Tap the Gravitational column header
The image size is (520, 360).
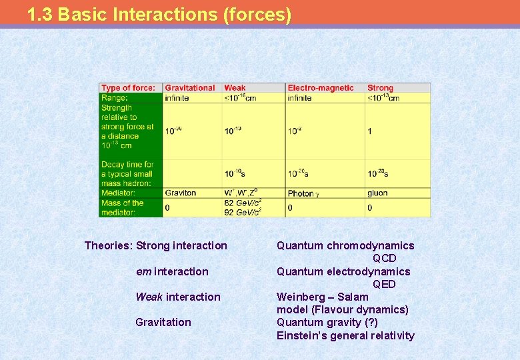click(x=190, y=88)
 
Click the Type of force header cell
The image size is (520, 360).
click(x=129, y=88)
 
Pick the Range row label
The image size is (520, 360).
click(x=115, y=98)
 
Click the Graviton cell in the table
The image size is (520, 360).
click(x=181, y=193)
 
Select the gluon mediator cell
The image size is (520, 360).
click(x=377, y=193)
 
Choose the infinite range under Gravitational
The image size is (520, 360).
click(x=177, y=98)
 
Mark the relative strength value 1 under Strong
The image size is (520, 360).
click(x=370, y=131)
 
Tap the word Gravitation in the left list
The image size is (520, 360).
click(x=163, y=323)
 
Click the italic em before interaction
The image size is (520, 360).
click(x=143, y=272)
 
